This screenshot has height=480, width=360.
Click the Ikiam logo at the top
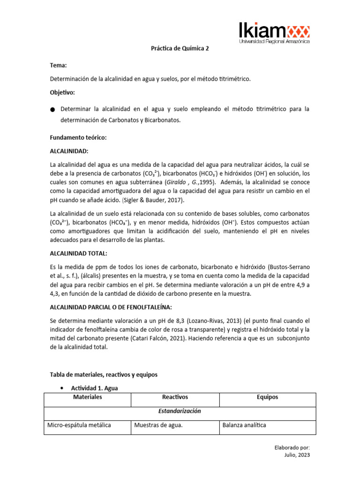pos(274,33)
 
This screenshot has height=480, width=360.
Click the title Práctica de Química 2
pos(180,48)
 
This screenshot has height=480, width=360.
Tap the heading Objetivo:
pos(63,92)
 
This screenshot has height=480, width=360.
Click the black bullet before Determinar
pos(52,110)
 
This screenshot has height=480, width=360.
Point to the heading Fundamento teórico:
pos(78,138)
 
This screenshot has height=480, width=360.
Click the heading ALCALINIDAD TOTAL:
pos(79,254)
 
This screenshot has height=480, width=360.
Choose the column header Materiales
pos(87,397)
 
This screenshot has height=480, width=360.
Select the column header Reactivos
pos(174,397)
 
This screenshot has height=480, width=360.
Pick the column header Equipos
pos(267,397)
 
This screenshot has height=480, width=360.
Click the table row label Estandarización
pos(180,411)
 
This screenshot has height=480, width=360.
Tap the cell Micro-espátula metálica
pos(79,425)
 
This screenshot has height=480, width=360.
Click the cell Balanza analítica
pos(244,425)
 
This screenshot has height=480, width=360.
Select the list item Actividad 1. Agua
pos(97,389)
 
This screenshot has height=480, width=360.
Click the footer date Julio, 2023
pos(297,455)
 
